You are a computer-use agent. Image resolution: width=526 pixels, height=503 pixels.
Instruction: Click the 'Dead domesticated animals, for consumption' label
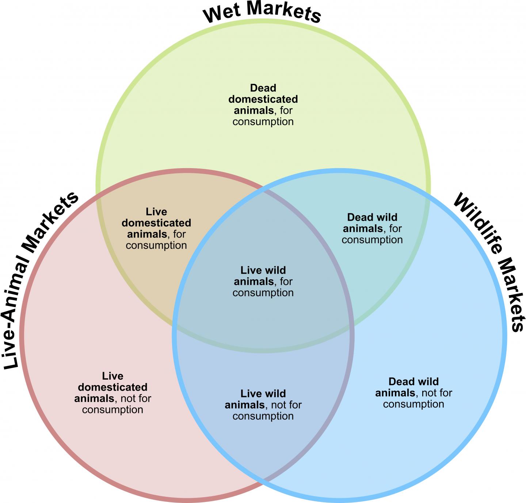click(263, 105)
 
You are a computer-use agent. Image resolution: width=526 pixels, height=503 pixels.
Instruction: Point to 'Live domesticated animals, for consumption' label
click(156, 229)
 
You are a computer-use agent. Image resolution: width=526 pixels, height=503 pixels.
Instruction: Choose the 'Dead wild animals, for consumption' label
click(372, 229)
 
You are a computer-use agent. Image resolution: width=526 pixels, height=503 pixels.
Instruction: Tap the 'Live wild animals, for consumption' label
click(263, 282)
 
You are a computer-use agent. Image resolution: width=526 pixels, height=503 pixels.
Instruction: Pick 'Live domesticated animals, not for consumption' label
click(113, 393)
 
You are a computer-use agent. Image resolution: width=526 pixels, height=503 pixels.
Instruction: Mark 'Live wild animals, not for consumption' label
click(263, 405)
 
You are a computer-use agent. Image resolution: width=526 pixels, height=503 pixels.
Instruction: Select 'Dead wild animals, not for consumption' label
click(413, 393)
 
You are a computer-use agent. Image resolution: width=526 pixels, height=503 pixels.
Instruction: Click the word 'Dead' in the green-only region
click(263, 88)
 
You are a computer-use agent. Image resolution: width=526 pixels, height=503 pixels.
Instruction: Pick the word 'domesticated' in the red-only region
click(113, 387)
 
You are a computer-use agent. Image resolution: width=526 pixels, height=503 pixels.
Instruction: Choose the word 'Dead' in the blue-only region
click(401, 382)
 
